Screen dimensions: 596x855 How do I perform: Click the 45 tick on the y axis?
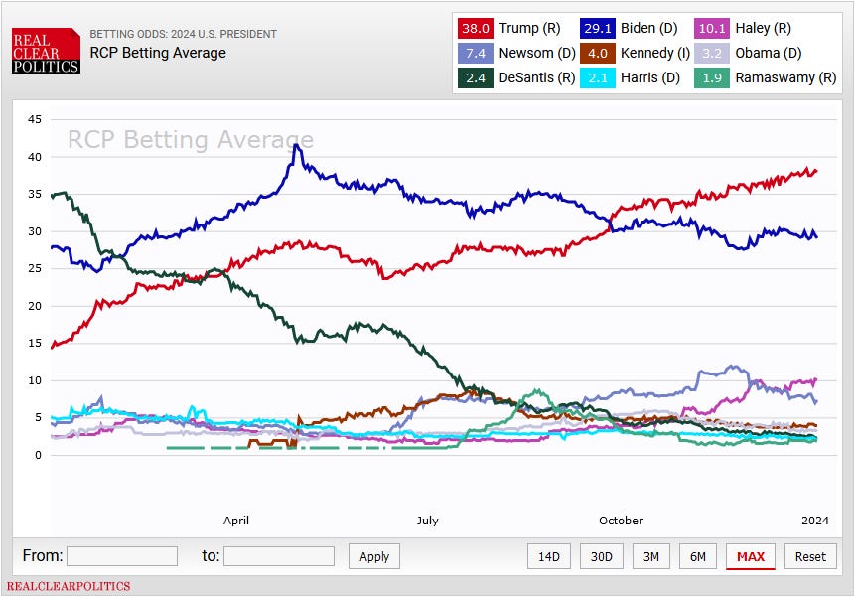click(x=35, y=120)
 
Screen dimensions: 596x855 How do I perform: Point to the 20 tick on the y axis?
click(x=35, y=306)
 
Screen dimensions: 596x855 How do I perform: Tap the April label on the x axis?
click(x=236, y=521)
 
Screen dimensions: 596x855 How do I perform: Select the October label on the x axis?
click(x=621, y=521)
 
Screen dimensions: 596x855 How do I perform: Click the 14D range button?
click(x=549, y=556)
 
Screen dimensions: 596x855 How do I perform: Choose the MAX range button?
click(x=750, y=556)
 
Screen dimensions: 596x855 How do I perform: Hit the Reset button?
click(x=809, y=556)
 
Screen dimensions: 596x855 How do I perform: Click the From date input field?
click(x=122, y=556)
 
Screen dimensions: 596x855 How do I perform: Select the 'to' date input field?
click(x=279, y=556)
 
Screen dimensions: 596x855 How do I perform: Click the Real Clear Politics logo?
click(x=46, y=50)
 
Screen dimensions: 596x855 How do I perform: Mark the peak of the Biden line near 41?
click(x=296, y=145)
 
